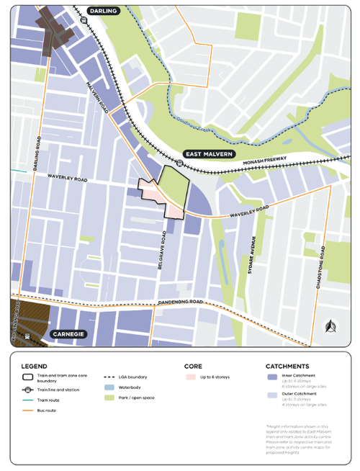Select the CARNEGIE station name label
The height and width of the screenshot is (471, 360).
click(x=68, y=335)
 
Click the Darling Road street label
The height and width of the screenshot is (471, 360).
click(x=36, y=153)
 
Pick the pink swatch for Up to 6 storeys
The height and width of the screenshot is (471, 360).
click(x=191, y=377)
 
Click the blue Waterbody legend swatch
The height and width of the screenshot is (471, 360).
click(x=110, y=387)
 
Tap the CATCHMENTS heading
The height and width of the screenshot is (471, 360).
click(x=287, y=366)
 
